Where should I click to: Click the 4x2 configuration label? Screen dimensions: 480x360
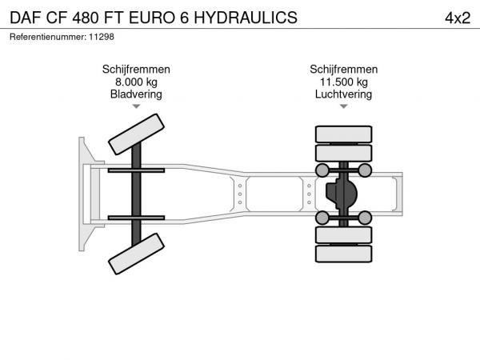point(458,18)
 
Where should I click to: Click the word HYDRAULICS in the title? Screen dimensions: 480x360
point(246,18)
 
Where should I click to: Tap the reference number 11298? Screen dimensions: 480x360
point(102,37)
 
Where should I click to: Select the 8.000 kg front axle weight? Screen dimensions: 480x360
point(136,82)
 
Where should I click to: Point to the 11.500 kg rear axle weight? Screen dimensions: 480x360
point(343,82)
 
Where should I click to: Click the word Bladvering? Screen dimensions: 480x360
point(136,94)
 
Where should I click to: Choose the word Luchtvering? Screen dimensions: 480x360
point(343,94)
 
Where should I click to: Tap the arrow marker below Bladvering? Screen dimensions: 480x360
point(136,106)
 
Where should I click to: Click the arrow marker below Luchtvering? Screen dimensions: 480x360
point(344,106)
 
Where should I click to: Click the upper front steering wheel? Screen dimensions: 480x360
point(136,134)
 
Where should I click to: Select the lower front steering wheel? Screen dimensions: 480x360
point(136,254)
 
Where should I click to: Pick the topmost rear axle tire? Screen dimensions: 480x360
point(343,134)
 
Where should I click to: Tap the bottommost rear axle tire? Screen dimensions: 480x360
point(343,254)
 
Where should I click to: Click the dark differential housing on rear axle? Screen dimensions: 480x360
point(342,194)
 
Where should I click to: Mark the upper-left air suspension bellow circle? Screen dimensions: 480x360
point(322,170)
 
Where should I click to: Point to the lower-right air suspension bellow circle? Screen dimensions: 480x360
point(365,218)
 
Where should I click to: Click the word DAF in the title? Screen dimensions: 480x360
point(26,18)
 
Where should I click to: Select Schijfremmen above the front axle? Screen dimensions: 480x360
point(136,70)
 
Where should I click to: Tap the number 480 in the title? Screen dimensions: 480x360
point(86,18)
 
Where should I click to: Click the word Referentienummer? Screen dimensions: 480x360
point(48,37)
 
